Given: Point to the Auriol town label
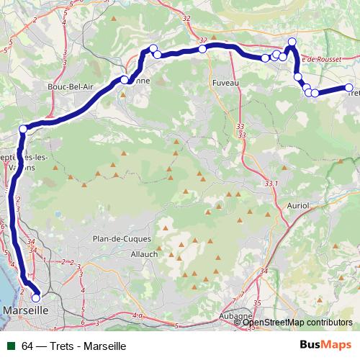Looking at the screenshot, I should (x=297, y=205).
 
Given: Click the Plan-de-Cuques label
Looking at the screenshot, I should (x=120, y=238).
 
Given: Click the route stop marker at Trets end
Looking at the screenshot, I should (x=350, y=88).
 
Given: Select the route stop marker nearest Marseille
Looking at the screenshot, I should (x=36, y=297).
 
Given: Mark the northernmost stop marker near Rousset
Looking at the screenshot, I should (x=292, y=42).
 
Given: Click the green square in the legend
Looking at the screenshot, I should (x=11, y=346).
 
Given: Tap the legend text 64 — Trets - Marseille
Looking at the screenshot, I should (x=74, y=346).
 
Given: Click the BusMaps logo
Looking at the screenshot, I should (x=326, y=346).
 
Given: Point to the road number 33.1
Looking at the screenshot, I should (x=271, y=184).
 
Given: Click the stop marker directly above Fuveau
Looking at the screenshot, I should (x=203, y=48).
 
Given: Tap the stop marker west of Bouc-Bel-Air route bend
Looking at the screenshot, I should (x=23, y=129).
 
